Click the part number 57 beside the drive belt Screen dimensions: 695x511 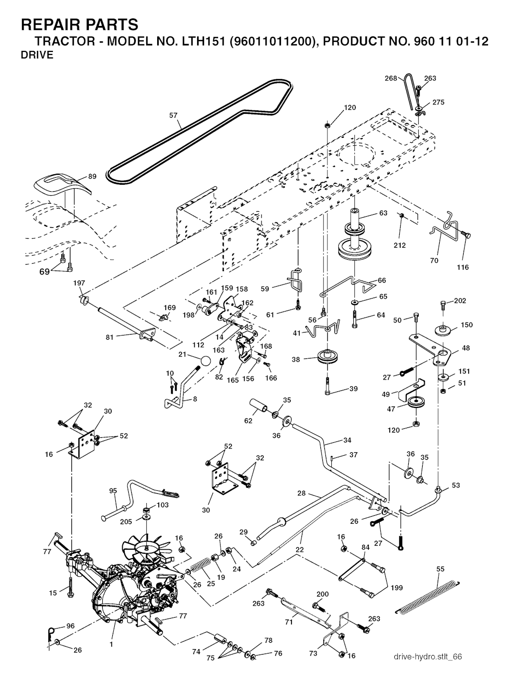coord(173,115)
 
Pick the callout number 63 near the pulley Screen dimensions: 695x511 coord(383,213)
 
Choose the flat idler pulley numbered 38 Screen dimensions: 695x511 coord(326,357)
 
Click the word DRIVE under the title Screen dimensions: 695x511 coord(37,55)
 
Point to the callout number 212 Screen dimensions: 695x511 coord(400,245)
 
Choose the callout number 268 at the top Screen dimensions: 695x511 coord(391,78)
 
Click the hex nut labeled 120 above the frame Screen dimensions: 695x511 coord(327,124)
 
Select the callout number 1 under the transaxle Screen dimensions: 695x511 coord(111,645)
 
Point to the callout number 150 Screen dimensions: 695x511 coord(466,325)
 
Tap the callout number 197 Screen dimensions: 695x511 coord(79,283)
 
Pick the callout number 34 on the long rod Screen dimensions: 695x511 coord(347,440)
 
